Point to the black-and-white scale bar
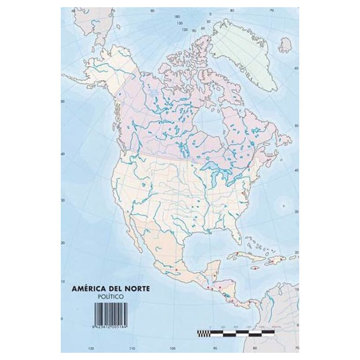[236, 333]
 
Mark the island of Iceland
[285, 45]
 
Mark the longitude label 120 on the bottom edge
[91, 348]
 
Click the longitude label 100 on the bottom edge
[172, 348]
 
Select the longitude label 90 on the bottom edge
[215, 348]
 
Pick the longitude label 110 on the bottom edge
[131, 348]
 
